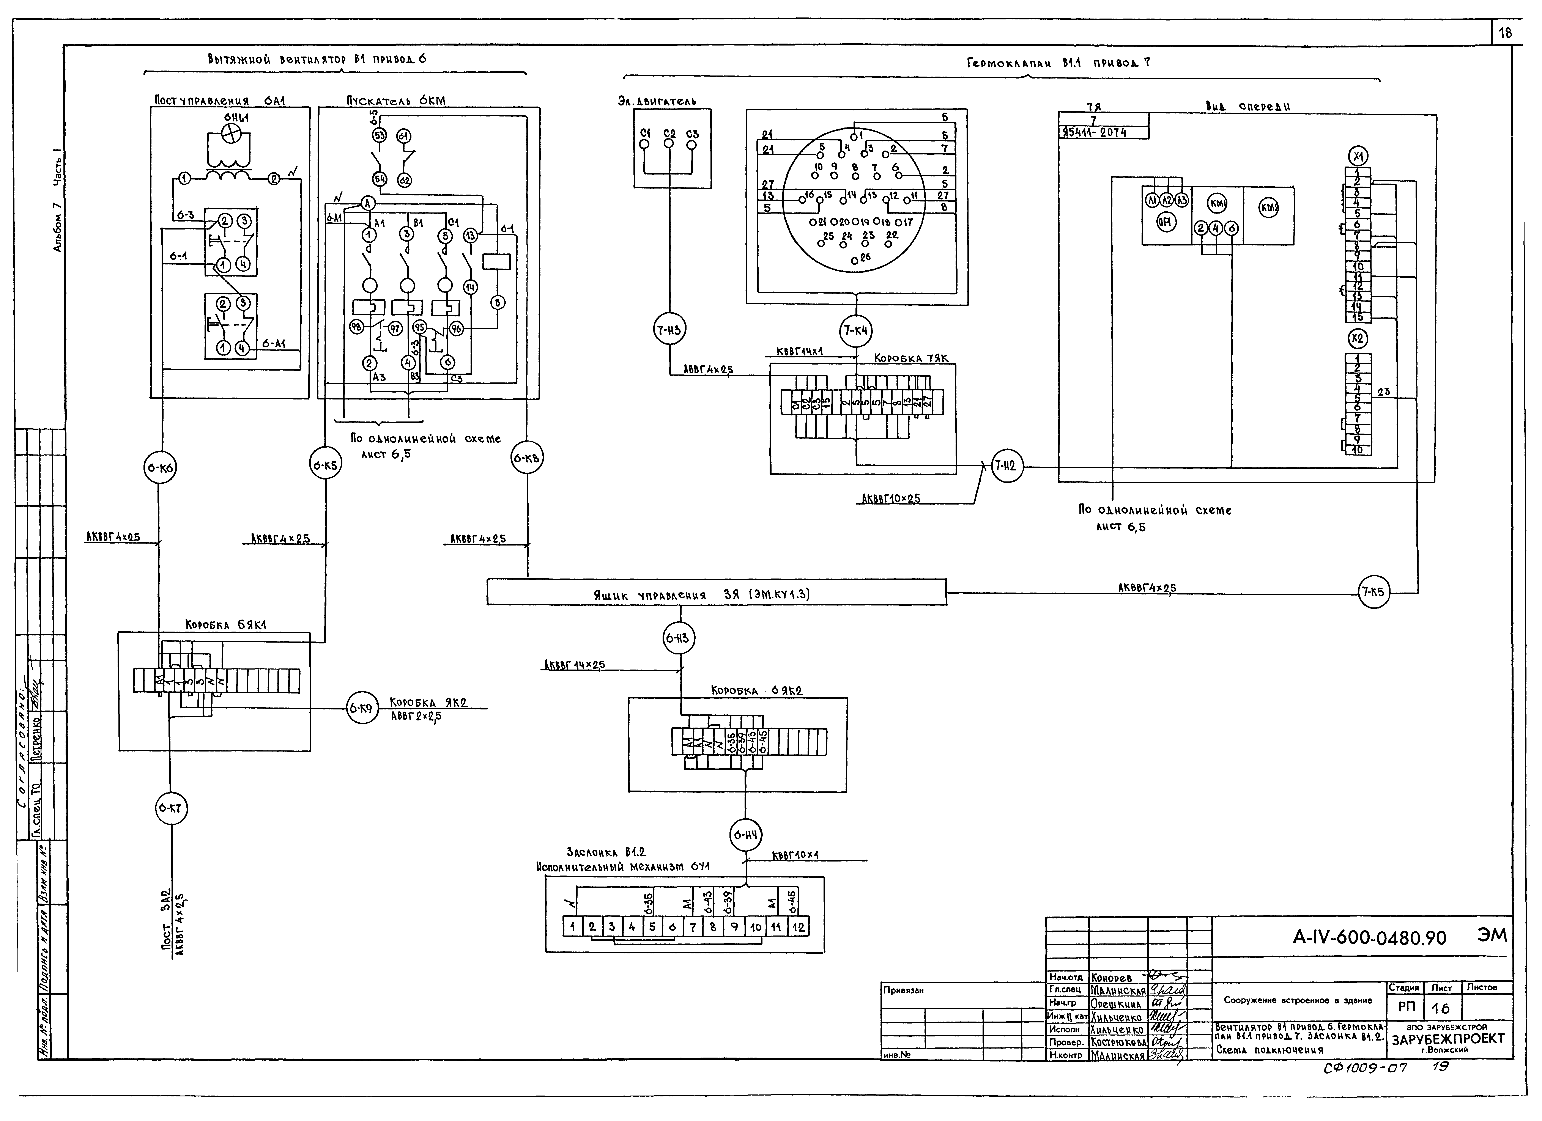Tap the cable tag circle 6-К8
527,459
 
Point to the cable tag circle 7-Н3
670,330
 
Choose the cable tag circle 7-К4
856,331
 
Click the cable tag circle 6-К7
170,809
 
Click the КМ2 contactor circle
1269,208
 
